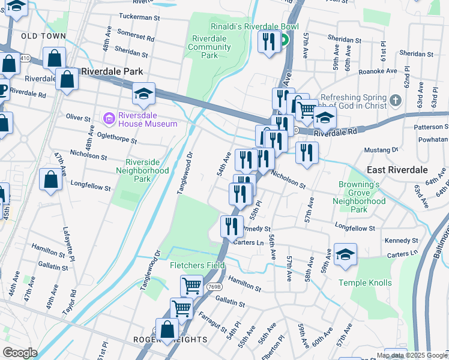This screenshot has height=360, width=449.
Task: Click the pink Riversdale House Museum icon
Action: tap(109, 116)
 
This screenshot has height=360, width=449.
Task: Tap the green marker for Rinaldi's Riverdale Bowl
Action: tap(284, 41)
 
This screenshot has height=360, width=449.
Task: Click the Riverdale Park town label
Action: tap(112, 71)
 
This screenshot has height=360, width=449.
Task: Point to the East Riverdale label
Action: tap(393, 170)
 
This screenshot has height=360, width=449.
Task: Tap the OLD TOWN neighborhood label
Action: tap(43, 36)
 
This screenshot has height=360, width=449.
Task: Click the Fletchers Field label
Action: tap(197, 265)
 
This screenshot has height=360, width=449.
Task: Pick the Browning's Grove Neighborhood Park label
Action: tap(359, 197)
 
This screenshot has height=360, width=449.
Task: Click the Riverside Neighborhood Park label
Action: tap(146, 170)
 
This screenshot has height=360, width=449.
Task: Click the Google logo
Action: tap(20, 352)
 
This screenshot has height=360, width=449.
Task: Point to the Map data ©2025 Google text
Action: tap(412, 355)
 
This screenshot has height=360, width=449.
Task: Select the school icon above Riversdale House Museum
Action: tap(143, 94)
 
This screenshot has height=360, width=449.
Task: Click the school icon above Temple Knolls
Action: tap(345, 254)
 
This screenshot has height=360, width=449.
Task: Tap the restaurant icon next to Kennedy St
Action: tap(231, 226)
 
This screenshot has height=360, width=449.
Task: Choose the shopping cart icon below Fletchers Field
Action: tap(191, 286)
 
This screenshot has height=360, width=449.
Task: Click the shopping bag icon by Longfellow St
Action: tap(51, 179)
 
